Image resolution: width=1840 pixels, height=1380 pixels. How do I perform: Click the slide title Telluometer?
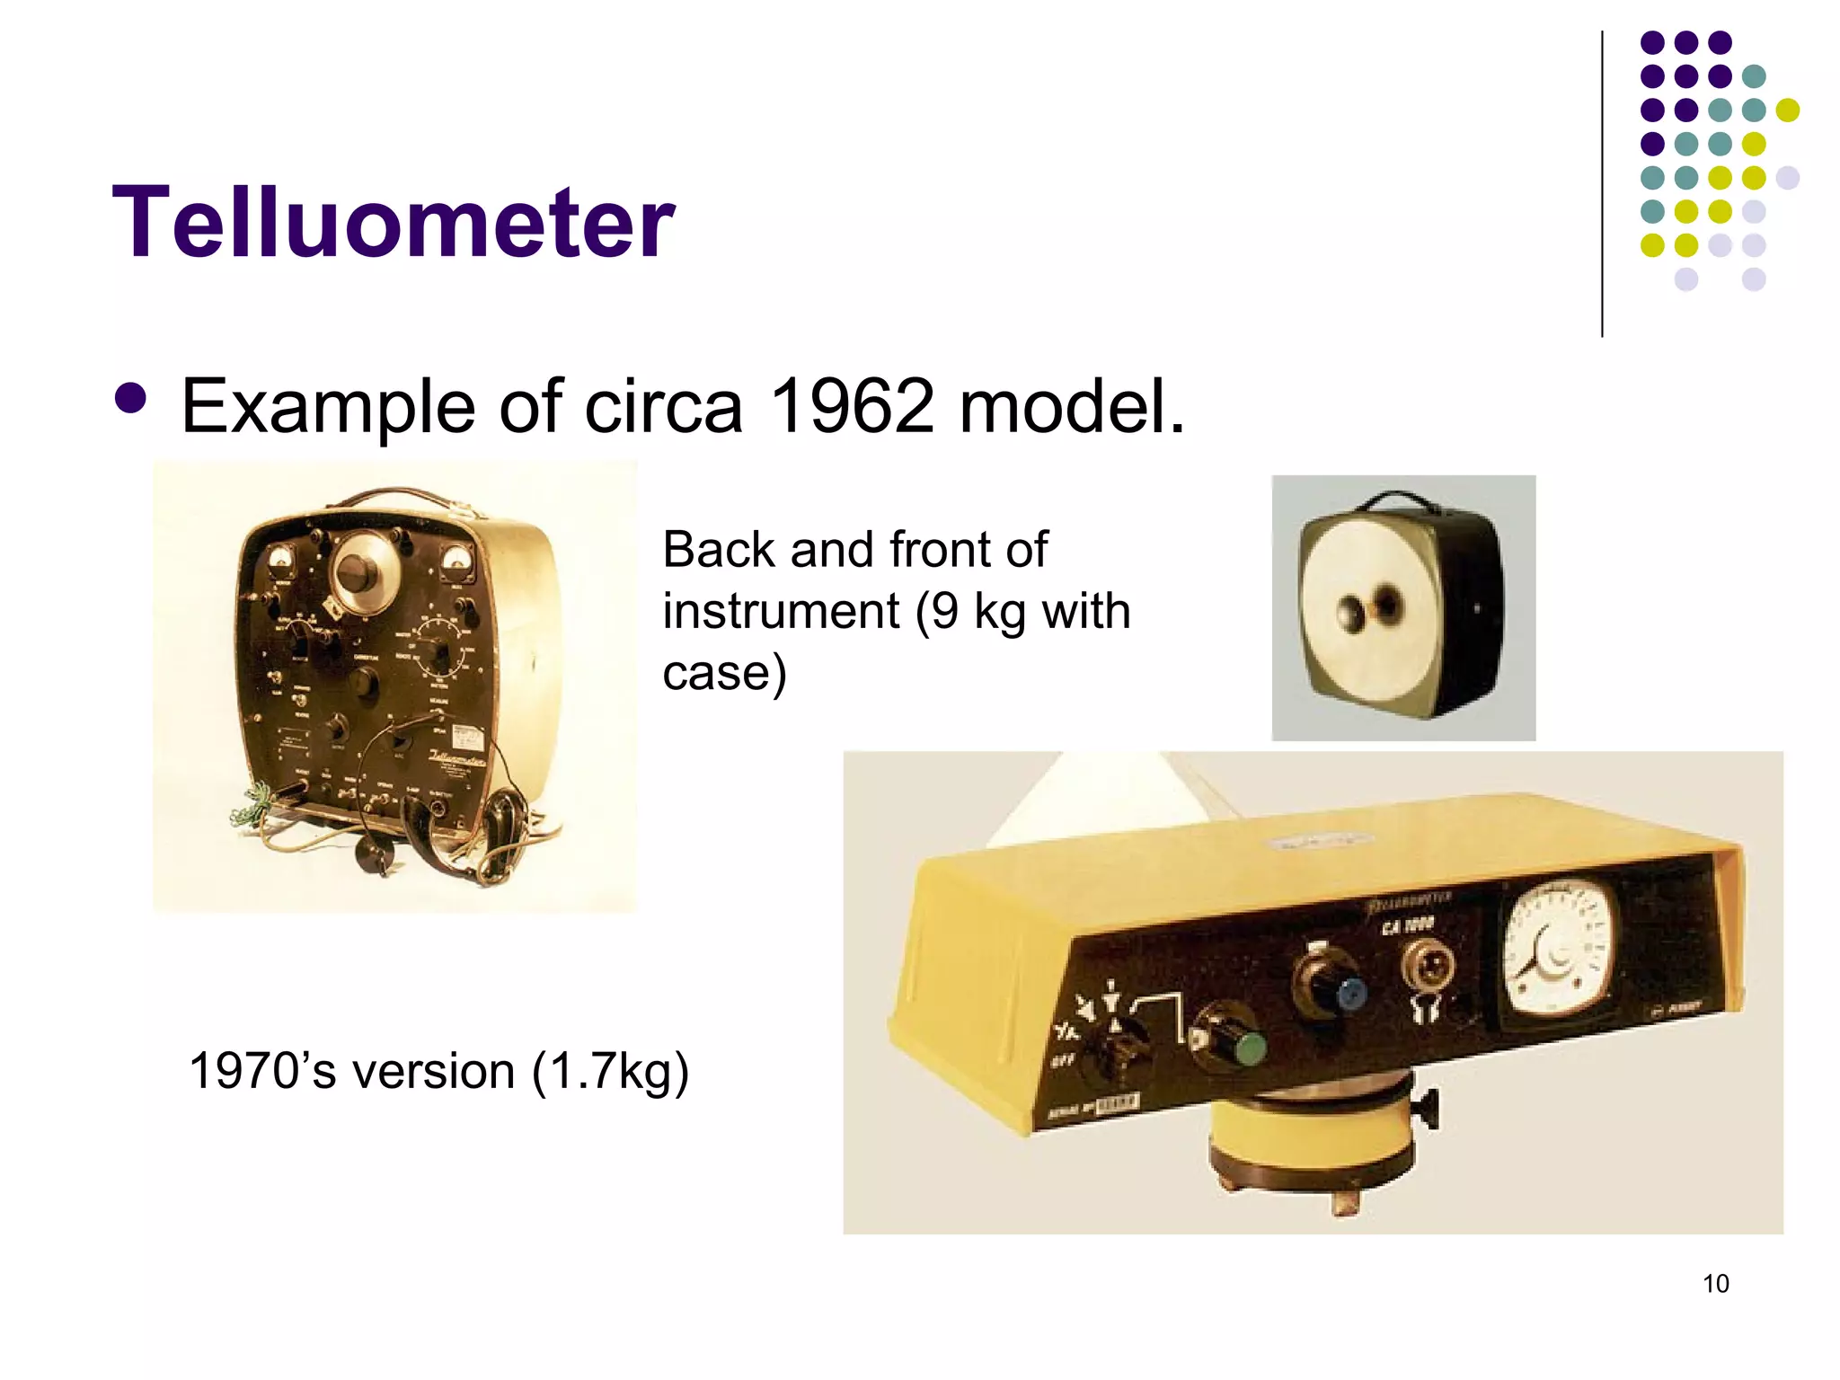pyautogui.click(x=393, y=222)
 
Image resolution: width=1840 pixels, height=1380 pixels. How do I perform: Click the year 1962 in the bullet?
pyautogui.click(x=852, y=407)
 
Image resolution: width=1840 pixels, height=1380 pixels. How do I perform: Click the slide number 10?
pyautogui.click(x=1715, y=1284)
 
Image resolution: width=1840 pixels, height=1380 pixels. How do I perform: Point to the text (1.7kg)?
pyautogui.click(x=610, y=1072)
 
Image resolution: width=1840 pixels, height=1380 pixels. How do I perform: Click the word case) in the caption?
pyautogui.click(x=724, y=672)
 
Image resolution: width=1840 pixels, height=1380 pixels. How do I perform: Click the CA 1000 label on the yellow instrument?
pyautogui.click(x=1407, y=924)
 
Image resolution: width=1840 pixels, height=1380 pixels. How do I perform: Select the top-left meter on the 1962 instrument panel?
pyautogui.click(x=281, y=562)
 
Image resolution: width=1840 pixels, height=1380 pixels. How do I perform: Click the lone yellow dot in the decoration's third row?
pyautogui.click(x=1787, y=111)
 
